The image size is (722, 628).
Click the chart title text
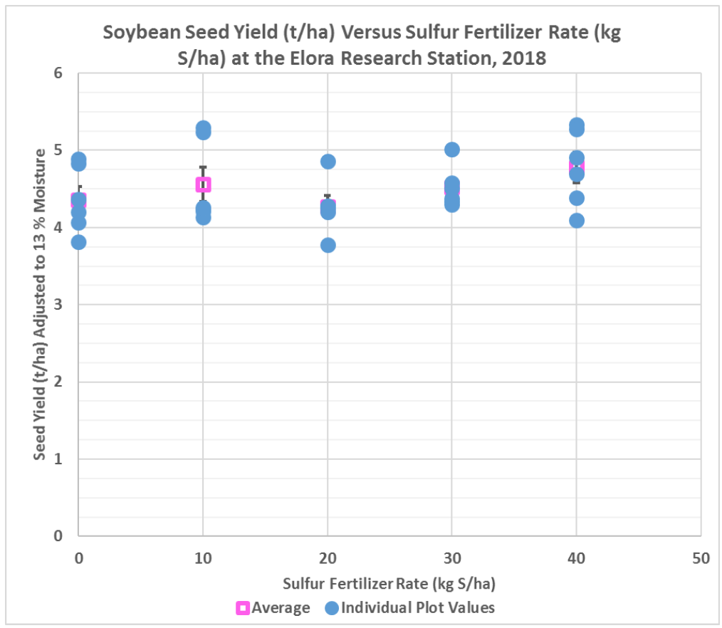click(x=362, y=45)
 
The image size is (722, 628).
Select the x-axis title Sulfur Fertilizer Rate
click(x=389, y=584)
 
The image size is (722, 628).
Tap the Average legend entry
click(x=273, y=607)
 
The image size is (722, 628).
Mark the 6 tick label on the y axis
click(x=58, y=73)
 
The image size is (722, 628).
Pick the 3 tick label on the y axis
click(x=58, y=305)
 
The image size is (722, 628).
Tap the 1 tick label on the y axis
click(x=58, y=459)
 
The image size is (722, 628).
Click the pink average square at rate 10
click(x=203, y=185)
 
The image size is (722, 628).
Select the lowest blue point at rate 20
click(x=328, y=245)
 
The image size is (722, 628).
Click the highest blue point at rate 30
click(x=452, y=150)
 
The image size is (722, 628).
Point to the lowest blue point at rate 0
click(x=79, y=242)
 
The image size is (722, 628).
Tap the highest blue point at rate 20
click(x=328, y=162)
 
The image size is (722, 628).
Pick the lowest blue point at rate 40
click(x=577, y=220)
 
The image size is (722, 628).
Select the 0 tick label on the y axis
click(x=58, y=535)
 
